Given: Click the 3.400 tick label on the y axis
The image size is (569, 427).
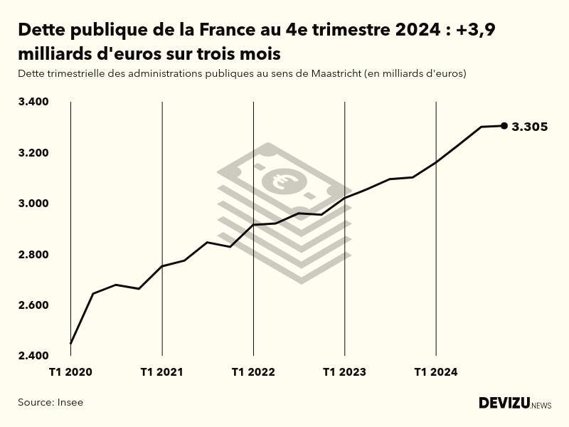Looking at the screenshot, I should pos(33,102).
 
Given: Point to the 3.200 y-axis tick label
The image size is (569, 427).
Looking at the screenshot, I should pos(33,153).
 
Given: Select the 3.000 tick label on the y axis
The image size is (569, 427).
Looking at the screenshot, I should pos(33,204).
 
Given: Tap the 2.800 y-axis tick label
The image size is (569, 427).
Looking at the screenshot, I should pos(33,255).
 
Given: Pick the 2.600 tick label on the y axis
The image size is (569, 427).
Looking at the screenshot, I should pos(33,305).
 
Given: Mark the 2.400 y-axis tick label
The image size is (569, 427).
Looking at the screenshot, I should pos(33,356).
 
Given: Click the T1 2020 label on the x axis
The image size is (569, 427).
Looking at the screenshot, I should pos(70,372).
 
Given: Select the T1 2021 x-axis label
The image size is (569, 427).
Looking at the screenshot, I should pos(162,372).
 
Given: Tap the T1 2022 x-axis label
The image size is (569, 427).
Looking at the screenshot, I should pos(253,372).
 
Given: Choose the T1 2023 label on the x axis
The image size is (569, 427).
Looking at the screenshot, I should pos(344,372).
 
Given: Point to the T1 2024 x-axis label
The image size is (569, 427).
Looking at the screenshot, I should pos(436,372).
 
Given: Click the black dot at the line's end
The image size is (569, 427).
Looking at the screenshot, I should pos(504,126).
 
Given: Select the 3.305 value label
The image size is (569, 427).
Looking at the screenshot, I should pos(530,127).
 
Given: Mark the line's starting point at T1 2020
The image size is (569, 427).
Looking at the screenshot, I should pos(70,344).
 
